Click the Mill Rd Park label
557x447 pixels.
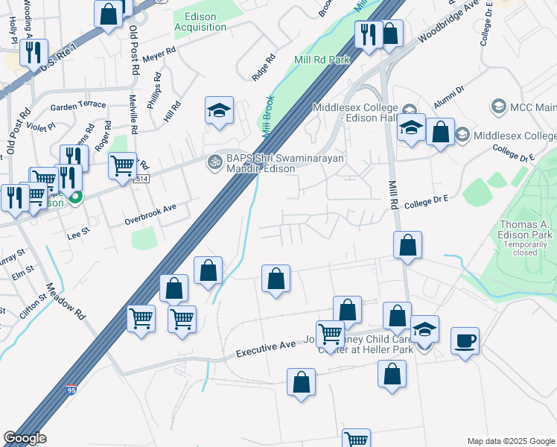click(322, 60)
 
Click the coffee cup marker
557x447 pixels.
click(465, 341)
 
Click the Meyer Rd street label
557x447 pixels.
click(159, 54)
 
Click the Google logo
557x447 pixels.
click(25, 438)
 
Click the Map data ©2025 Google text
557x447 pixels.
click(510, 441)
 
